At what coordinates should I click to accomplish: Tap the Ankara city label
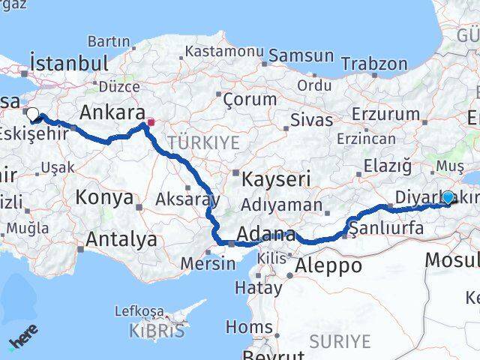[x=112, y=112]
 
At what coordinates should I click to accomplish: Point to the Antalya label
[x=122, y=239]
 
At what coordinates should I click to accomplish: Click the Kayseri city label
[x=276, y=178]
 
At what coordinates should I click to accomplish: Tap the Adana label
[x=267, y=235]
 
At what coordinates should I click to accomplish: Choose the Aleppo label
[x=328, y=265]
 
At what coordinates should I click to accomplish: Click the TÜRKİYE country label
[x=203, y=142]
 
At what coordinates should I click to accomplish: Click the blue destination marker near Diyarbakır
[x=448, y=197]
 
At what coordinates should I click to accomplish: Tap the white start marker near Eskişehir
[x=34, y=115]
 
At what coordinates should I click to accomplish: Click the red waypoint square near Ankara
[x=151, y=121]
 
